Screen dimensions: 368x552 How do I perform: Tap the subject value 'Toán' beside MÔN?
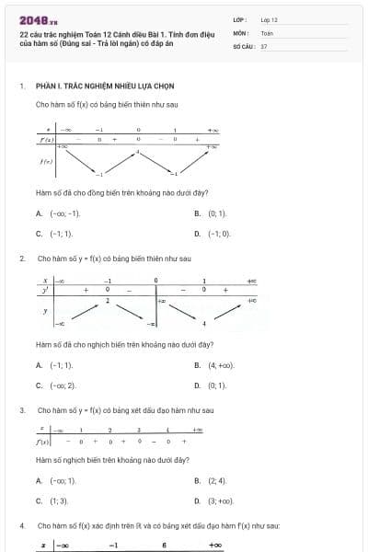pos(267,32)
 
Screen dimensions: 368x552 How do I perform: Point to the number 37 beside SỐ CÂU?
pos(264,45)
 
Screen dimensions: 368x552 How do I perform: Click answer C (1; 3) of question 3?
pos(58,500)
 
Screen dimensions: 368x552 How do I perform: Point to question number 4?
pos(21,524)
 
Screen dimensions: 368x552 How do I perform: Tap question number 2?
pos(21,259)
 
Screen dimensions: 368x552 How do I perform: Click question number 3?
pos(21,409)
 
